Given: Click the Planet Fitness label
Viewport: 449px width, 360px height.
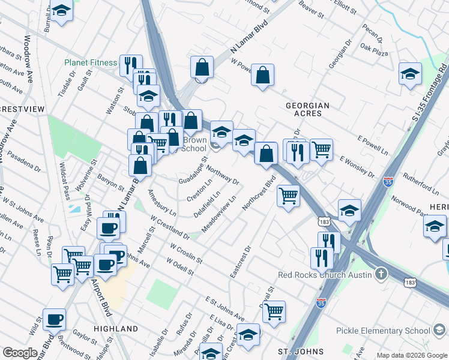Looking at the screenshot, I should [91, 62].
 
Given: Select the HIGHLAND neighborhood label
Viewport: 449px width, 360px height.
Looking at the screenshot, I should [116, 329].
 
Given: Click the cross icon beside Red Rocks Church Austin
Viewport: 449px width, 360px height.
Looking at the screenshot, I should [380, 275].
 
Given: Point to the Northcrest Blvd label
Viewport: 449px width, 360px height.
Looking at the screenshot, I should [259, 193].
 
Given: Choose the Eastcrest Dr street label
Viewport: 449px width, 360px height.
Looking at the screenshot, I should [240, 261].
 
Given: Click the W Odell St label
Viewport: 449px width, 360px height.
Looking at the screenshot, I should [181, 268].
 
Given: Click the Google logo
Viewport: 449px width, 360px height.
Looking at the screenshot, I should [19, 353].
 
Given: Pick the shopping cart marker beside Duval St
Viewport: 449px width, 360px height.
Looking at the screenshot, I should [274, 311].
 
